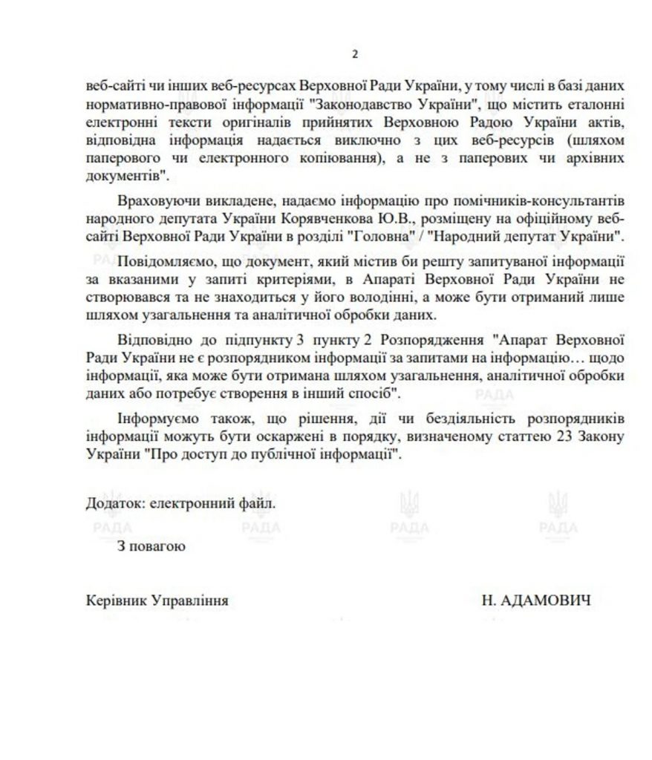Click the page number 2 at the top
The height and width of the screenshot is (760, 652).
(x=354, y=54)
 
